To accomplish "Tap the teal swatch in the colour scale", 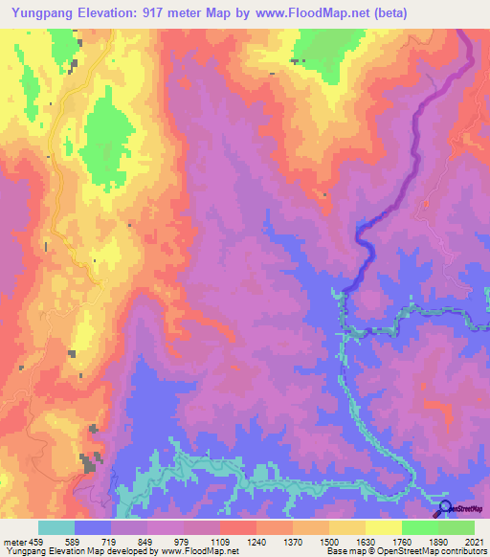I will pos(56,527).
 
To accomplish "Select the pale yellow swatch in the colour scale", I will pos(384,527).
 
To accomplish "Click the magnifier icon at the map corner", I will pos(445,509).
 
